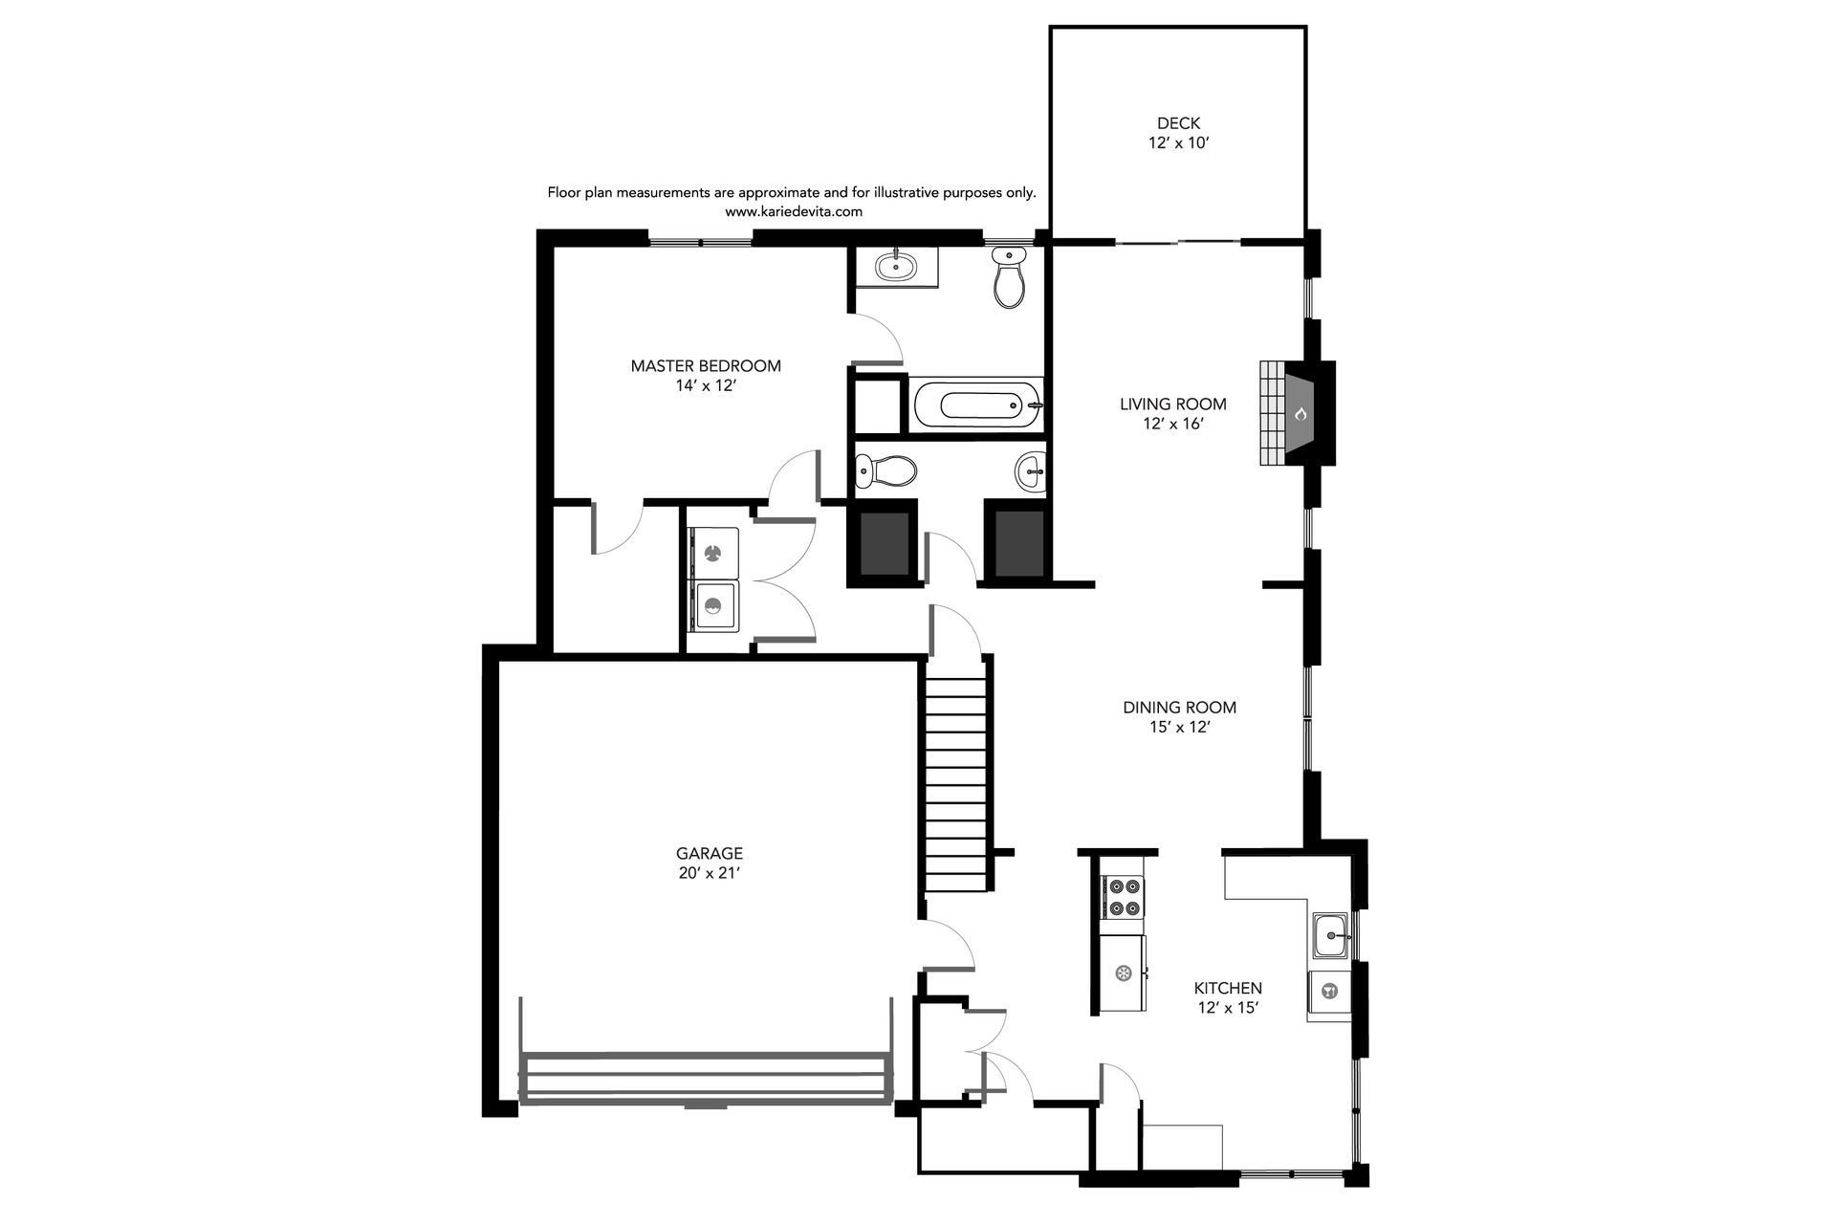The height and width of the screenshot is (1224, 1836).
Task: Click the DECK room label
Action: click(1178, 123)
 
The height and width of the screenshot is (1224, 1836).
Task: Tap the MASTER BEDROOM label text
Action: click(706, 366)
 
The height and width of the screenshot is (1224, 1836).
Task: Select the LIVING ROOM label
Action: click(1173, 404)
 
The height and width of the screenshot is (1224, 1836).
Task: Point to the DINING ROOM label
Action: click(1179, 708)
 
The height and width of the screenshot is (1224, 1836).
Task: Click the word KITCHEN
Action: click(1228, 988)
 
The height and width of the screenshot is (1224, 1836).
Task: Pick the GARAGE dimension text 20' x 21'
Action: click(710, 873)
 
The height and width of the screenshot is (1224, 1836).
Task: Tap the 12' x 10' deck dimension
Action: click(1179, 143)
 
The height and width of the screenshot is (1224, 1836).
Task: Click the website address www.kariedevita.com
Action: click(794, 212)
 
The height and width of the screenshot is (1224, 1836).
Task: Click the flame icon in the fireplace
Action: click(1300, 414)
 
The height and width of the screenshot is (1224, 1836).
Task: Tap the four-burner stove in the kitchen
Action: click(1124, 898)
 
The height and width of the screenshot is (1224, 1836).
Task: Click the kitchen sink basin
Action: click(1330, 935)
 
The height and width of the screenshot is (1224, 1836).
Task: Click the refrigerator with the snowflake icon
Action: click(1124, 973)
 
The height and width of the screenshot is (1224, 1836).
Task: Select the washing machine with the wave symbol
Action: click(712, 605)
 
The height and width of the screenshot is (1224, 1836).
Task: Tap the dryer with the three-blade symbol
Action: click(712, 553)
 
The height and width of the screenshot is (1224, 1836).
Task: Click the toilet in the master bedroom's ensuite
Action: click(1009, 276)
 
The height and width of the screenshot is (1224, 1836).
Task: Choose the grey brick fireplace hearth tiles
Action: click(1273, 413)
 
